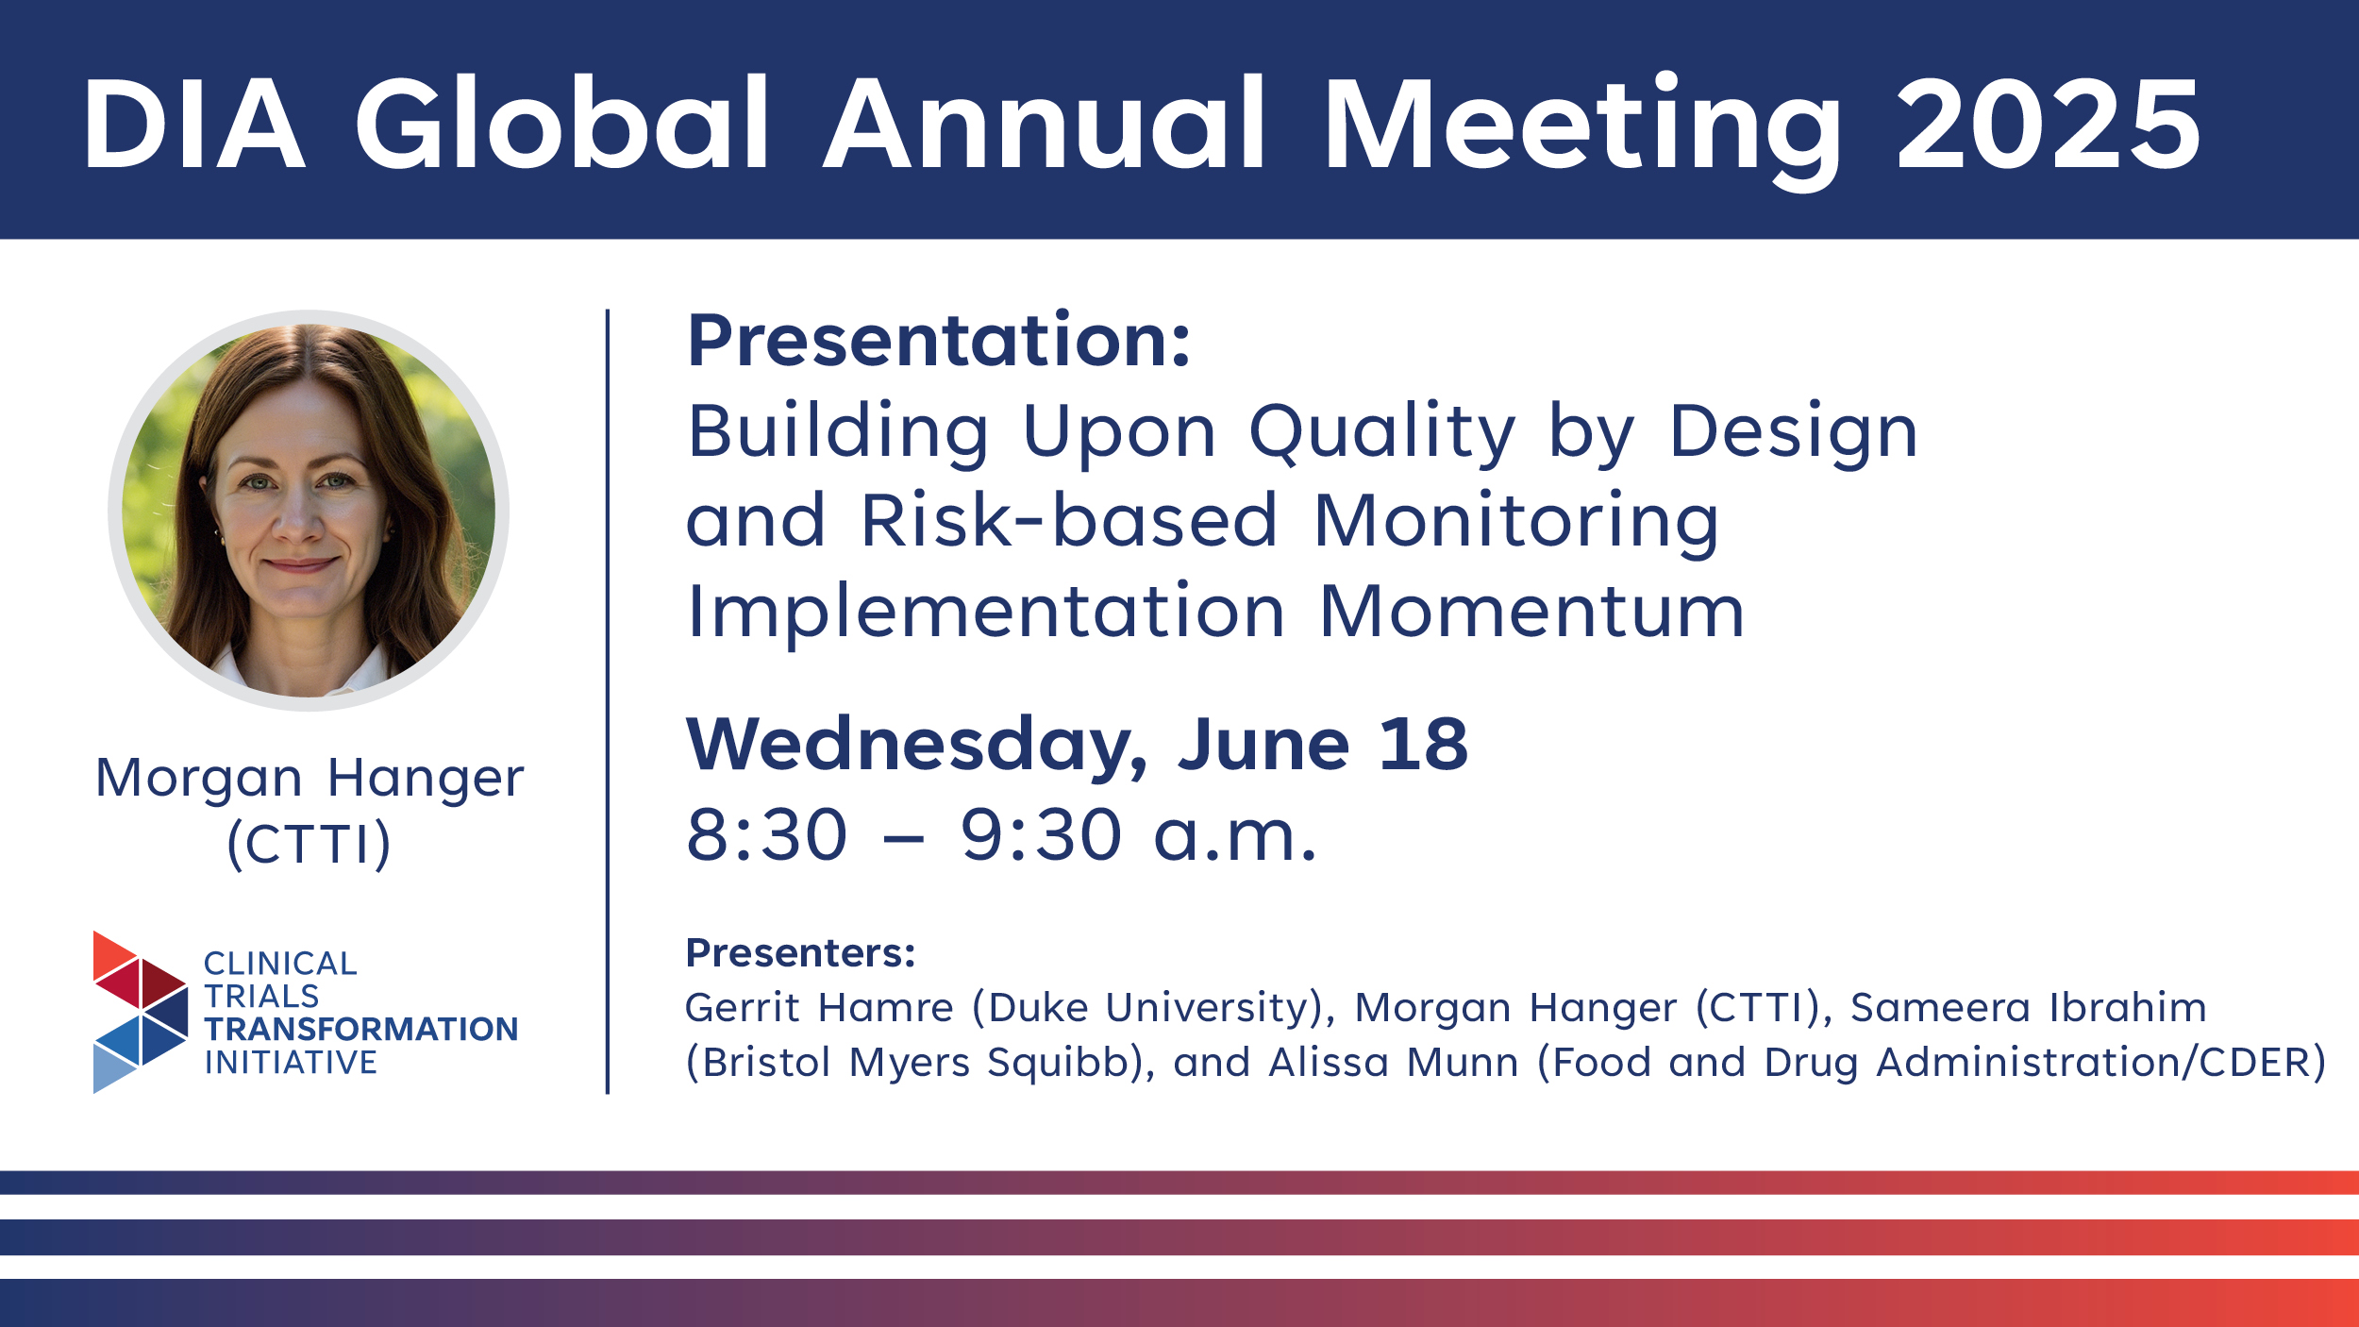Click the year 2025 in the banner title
click(x=2048, y=124)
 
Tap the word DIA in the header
click(x=194, y=124)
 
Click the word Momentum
click(x=1531, y=612)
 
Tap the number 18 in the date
click(x=1423, y=744)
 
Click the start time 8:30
click(x=767, y=835)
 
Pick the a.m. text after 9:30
click(x=1235, y=838)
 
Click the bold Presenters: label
click(x=800, y=953)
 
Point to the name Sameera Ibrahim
click(x=2029, y=1008)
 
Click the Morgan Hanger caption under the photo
click(x=310, y=780)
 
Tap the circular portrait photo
click(x=309, y=511)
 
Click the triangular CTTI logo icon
click(x=141, y=1013)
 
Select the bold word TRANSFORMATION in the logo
click(x=361, y=1030)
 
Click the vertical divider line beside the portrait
click(x=608, y=701)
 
